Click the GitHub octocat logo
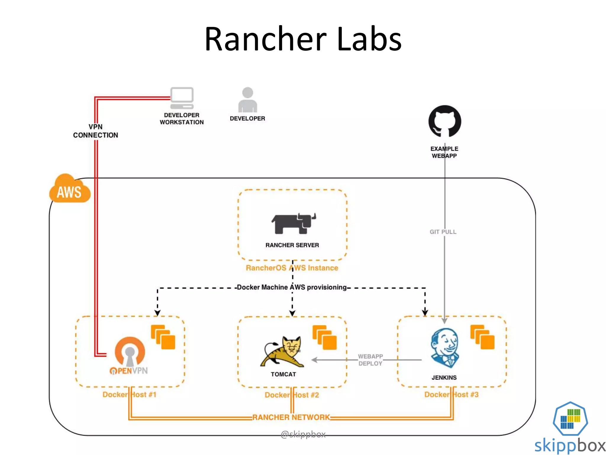444,121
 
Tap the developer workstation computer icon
182,98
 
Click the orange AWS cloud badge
69,190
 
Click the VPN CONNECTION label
95,131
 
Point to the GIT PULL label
443,232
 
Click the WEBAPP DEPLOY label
370,360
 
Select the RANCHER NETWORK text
291,417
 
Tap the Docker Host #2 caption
291,395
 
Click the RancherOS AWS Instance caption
292,268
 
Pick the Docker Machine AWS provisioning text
291,287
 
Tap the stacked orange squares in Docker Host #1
163,337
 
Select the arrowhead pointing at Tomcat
315,360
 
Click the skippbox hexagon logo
570,418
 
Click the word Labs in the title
369,39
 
